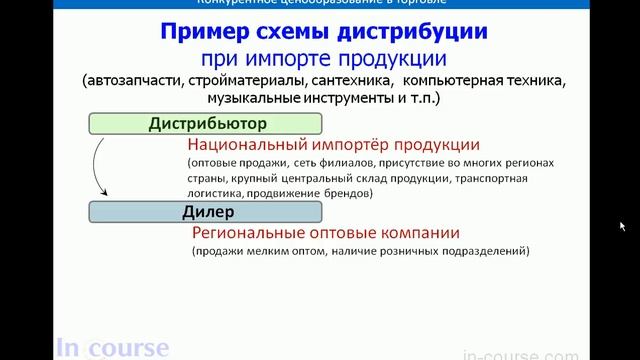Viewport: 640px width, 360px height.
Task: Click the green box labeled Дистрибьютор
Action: [x=204, y=125]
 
